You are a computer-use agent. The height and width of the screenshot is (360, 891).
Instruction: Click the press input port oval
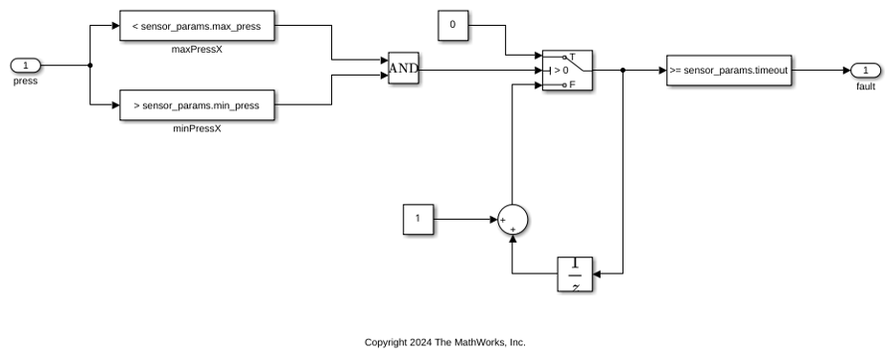tap(26, 66)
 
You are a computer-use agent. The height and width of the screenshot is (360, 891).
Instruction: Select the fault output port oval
tap(865, 71)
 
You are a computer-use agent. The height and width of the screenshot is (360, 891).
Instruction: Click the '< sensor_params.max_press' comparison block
tap(197, 26)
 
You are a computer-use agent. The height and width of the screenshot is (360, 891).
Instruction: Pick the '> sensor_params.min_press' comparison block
tap(197, 105)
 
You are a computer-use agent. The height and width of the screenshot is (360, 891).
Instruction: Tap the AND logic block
tap(404, 69)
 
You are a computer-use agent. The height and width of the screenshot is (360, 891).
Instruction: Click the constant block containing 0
tap(452, 25)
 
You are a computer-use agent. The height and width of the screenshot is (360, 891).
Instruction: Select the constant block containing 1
tap(419, 219)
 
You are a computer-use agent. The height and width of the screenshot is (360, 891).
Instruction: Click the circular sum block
tap(512, 219)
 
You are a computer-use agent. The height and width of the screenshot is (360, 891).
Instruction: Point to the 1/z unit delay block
tap(575, 274)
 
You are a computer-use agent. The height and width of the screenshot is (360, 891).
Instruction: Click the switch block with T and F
tap(567, 71)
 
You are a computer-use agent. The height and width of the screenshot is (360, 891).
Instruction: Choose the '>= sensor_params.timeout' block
tap(729, 71)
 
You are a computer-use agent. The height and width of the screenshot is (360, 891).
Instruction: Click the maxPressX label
tap(197, 50)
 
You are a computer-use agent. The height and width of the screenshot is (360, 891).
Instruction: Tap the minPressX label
tap(197, 129)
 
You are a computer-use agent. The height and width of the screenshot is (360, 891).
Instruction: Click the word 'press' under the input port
tap(26, 82)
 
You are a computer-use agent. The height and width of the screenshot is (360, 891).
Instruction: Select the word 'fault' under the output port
tap(865, 87)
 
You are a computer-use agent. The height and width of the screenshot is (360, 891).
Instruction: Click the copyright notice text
tap(445, 342)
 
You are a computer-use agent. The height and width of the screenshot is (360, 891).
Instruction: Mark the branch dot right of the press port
tap(89, 66)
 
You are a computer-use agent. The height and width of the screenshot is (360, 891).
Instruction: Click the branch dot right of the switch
tap(623, 71)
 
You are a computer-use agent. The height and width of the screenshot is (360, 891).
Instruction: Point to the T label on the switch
tap(572, 57)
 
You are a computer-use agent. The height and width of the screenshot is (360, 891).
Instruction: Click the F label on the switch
tap(572, 85)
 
